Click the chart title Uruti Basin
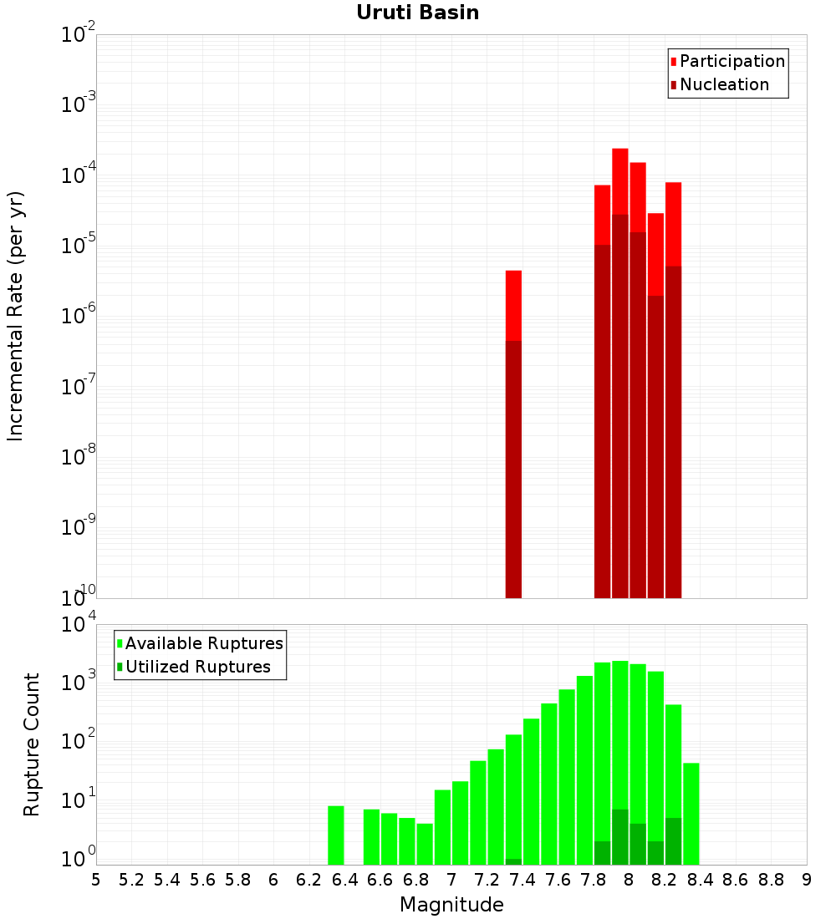[x=417, y=13]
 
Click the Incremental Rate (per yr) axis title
[x=16, y=317]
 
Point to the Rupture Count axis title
[x=32, y=744]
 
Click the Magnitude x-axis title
[x=451, y=905]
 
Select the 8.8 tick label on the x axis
[x=771, y=880]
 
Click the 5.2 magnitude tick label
[x=131, y=880]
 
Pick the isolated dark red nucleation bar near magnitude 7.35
[x=513, y=468]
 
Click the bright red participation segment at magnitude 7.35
[x=513, y=305]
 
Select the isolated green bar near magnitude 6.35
[x=336, y=835]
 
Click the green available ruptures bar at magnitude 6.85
[x=425, y=844]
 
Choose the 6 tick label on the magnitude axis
[x=273, y=880]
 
